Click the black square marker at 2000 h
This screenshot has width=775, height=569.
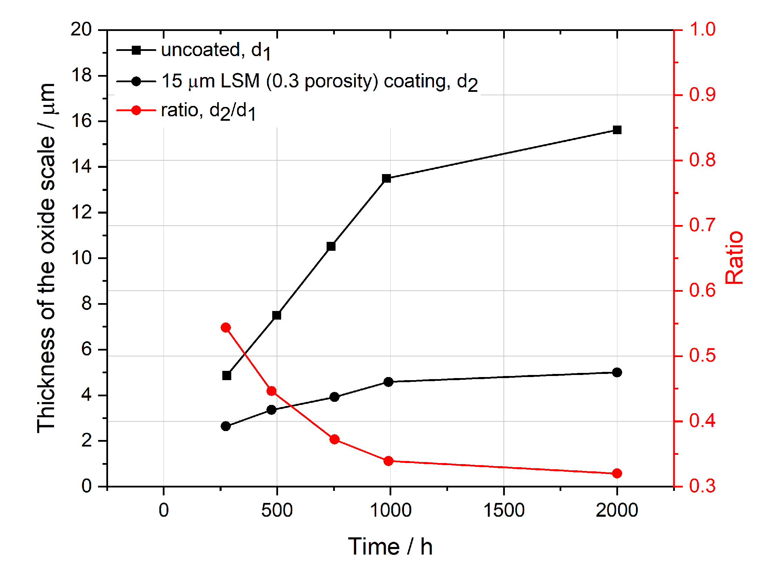617,130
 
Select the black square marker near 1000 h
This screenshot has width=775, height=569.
386,179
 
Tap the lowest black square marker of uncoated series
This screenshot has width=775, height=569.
227,375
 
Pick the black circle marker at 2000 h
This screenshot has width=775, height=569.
617,372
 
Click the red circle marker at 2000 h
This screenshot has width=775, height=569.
617,473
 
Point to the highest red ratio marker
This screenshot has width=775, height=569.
226,327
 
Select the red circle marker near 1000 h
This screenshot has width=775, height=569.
389,461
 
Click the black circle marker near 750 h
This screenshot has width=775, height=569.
334,397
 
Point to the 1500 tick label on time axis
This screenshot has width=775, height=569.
504,510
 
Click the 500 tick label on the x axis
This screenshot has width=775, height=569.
277,510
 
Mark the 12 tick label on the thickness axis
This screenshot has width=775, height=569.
81,212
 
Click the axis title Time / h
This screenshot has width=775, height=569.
390,547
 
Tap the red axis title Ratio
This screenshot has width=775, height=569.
734,258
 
